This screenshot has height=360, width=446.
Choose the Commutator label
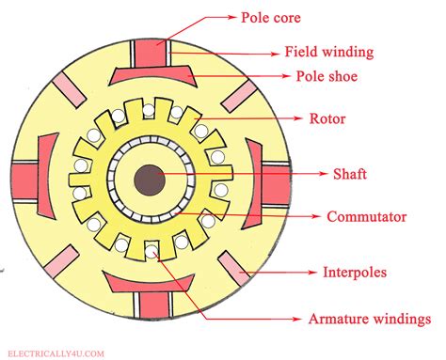tap(366, 217)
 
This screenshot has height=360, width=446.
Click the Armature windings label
tap(370, 319)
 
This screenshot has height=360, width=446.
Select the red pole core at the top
tap(149, 55)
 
